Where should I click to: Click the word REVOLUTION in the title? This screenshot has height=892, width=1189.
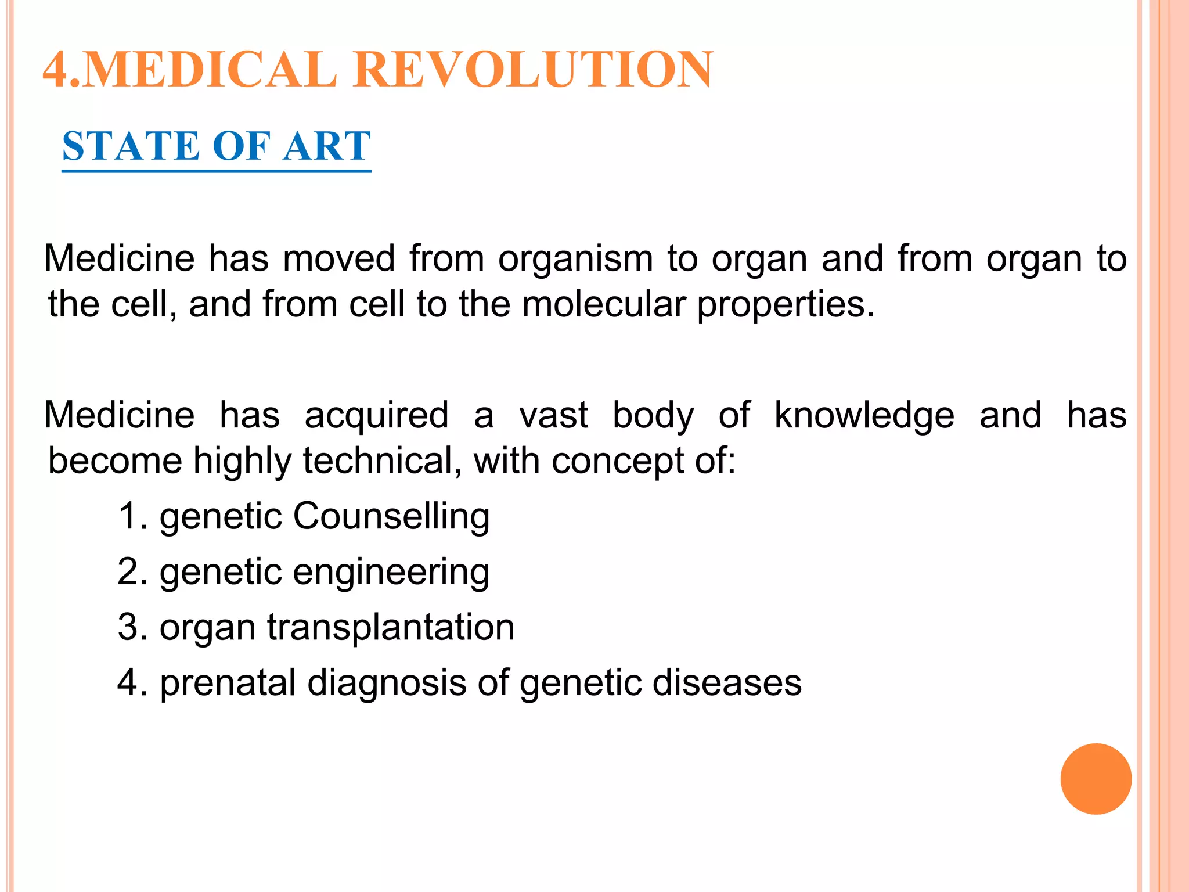point(532,70)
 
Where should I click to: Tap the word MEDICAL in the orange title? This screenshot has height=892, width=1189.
point(210,70)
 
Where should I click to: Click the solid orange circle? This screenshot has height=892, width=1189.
point(1096,779)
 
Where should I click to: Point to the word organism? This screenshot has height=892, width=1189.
point(575,259)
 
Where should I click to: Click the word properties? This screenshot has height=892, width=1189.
point(785,305)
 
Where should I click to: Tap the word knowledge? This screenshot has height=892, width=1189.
point(864,416)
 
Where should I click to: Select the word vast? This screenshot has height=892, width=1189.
point(553,416)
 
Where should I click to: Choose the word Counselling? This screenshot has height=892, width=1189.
point(391,516)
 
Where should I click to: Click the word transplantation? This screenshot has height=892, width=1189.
point(391,628)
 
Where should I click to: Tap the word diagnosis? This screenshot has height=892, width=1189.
point(387,684)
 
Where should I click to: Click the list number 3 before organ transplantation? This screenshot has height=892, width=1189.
point(129,627)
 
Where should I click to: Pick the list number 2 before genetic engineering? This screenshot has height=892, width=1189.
point(129,571)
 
